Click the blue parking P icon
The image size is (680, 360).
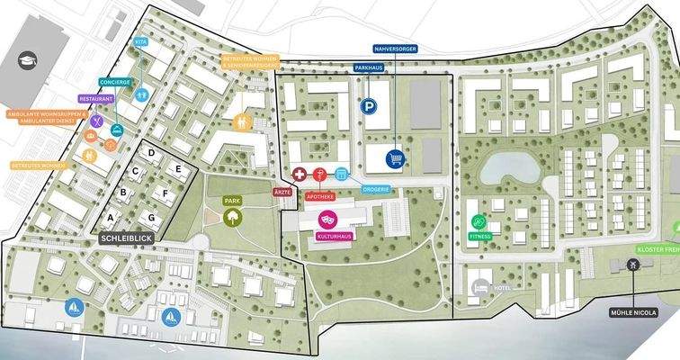tap(368, 106)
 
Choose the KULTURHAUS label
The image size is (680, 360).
tap(334, 236)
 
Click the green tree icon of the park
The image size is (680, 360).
tap(232, 216)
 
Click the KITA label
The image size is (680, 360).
tap(141, 42)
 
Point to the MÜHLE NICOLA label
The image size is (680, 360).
tap(633, 312)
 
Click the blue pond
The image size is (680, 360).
tap(509, 166)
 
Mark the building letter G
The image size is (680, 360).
tap(153, 217)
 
